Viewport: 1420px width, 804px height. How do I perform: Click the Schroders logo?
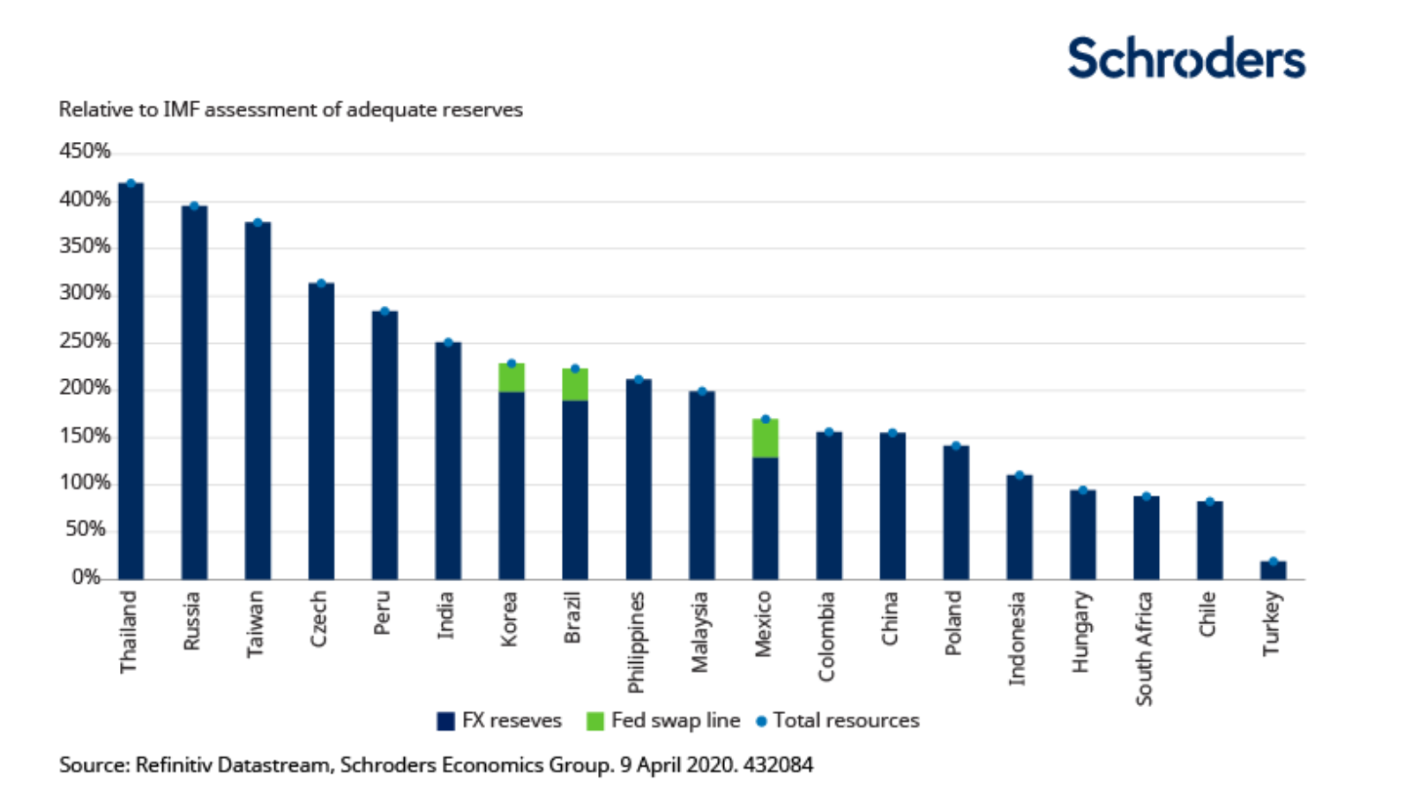click(1185, 58)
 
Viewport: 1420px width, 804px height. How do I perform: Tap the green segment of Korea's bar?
click(512, 377)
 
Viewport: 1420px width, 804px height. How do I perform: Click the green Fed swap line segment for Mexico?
click(766, 438)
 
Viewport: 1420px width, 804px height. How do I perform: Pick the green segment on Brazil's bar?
click(575, 384)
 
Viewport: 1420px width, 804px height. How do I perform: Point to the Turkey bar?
click(1273, 569)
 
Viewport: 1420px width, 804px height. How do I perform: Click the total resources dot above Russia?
click(194, 206)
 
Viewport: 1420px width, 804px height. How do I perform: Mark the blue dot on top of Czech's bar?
click(321, 283)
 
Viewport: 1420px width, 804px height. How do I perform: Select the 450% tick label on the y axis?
click(85, 152)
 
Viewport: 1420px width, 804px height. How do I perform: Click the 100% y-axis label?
click(85, 483)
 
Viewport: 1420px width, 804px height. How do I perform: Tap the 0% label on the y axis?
click(86, 577)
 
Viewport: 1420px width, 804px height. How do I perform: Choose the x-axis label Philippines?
click(637, 642)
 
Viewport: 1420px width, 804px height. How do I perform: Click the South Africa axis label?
click(1144, 648)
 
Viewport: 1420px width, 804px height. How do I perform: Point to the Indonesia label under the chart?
click(1018, 637)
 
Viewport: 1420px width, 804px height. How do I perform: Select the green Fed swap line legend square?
click(595, 721)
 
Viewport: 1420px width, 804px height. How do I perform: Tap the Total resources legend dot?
click(762, 721)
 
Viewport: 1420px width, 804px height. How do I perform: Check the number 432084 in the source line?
click(778, 764)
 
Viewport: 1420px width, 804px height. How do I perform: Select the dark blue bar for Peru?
click(385, 444)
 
